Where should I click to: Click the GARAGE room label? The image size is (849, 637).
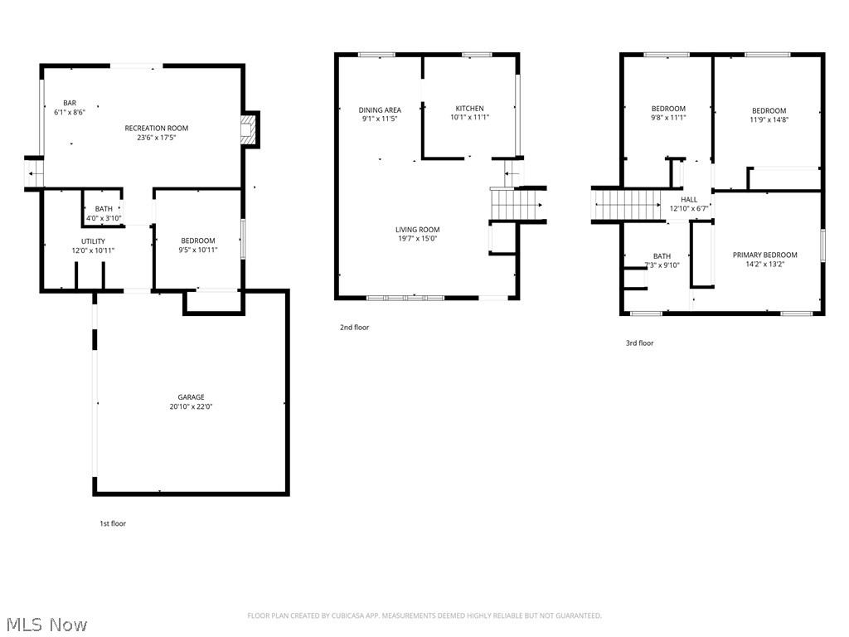[x=191, y=397]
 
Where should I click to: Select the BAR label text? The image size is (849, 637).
[x=70, y=103]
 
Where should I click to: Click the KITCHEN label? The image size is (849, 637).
[x=469, y=109]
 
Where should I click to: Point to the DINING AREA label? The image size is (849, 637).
[x=380, y=109]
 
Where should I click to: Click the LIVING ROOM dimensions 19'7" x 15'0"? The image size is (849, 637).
[x=417, y=239]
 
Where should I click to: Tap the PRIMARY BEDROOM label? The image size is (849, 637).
[x=764, y=255]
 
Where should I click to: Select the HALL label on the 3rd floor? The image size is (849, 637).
[x=689, y=200]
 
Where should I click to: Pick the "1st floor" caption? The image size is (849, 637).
[x=112, y=523]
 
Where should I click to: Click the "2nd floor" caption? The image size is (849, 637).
[x=354, y=328]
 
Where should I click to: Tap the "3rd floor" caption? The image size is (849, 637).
[x=639, y=343]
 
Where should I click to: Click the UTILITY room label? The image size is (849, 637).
[x=93, y=241]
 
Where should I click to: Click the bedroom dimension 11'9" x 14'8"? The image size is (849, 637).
[x=769, y=119]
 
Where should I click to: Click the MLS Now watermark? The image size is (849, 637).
[x=46, y=624]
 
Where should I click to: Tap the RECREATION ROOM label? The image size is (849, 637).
[x=157, y=128]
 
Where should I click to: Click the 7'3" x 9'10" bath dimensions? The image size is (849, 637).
[x=662, y=265]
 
